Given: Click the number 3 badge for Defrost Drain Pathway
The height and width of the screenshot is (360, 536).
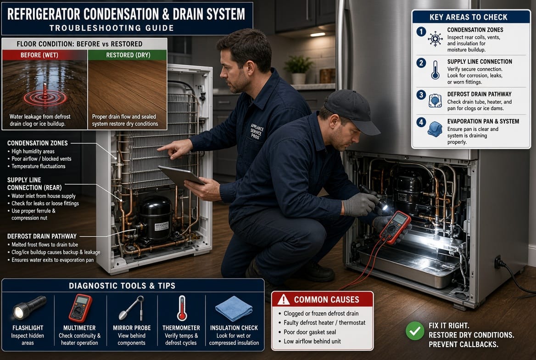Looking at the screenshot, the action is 421,95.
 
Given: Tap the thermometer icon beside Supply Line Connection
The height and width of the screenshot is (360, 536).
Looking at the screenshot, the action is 435,70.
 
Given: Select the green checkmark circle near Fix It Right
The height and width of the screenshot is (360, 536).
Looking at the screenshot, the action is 415,331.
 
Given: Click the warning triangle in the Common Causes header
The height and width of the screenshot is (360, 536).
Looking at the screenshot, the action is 284,300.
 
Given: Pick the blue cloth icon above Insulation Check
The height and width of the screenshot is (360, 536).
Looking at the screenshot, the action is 234,309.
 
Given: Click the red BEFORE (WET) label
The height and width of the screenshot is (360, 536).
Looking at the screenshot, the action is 39,55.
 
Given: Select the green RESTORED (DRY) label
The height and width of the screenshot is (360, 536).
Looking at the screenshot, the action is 128,55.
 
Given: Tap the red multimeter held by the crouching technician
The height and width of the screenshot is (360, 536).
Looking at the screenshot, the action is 395,227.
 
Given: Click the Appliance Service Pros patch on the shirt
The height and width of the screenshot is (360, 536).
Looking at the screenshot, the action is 257,131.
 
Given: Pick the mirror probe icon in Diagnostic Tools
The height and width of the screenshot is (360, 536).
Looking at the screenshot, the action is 132,308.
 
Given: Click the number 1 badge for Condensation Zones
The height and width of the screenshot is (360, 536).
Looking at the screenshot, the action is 421,32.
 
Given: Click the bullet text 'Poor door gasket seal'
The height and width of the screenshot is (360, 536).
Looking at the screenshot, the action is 310,332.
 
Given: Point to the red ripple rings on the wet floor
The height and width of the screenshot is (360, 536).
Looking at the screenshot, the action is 45,98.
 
